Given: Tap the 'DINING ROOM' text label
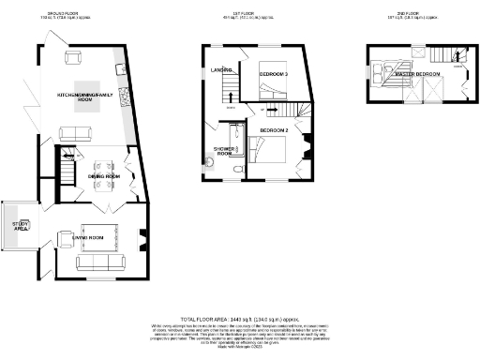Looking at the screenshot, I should tap(103, 175).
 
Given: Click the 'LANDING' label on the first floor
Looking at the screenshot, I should tap(221, 67).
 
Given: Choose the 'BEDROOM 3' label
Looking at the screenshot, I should tap(273, 74).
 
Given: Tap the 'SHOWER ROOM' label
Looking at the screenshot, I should tap(224, 152).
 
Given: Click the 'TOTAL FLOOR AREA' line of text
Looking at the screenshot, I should tap(240, 319).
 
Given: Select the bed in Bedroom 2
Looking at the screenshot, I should tap(273, 151).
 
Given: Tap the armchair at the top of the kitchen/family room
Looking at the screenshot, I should tap(75, 58).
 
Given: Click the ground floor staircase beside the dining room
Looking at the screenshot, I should tap(67, 171).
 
